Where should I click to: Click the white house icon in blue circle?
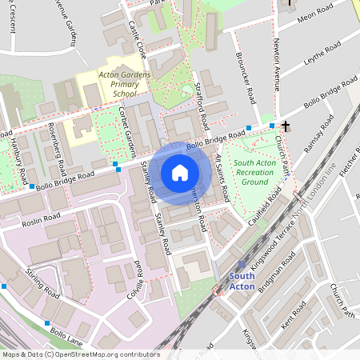(x=180, y=172)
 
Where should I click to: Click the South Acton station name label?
(x=242, y=281)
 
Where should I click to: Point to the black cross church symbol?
(x=286, y=126)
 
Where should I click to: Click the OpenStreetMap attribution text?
(x=80, y=354)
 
